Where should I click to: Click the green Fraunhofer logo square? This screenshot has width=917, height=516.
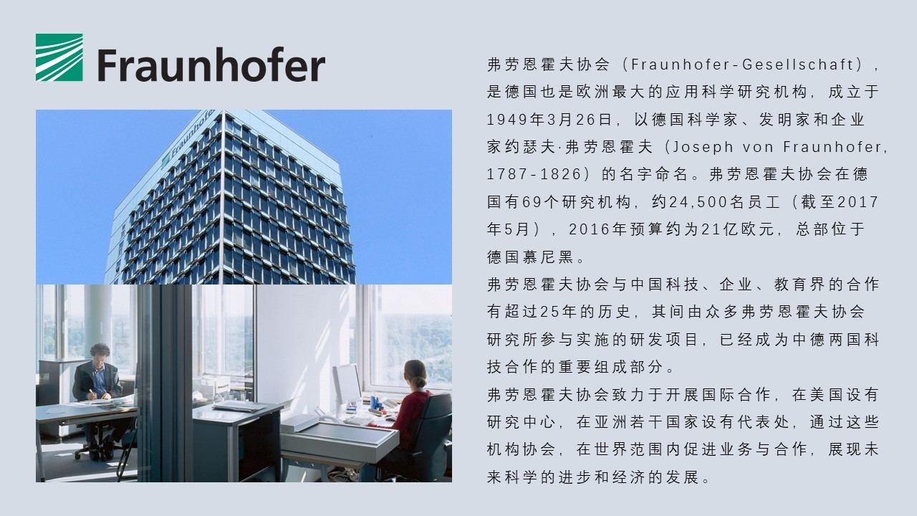[x=59, y=57]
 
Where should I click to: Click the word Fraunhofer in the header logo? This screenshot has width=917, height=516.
[x=211, y=64]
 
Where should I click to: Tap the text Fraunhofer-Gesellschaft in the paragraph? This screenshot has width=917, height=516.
[x=742, y=64]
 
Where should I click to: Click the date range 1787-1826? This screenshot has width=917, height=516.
[x=534, y=174]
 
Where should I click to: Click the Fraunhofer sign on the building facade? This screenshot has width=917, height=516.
[x=188, y=136]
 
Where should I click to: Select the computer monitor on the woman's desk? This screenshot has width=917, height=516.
[x=346, y=385]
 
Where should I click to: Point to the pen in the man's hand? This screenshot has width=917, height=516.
[x=92, y=392]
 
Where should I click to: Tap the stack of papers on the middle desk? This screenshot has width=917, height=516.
[x=239, y=406]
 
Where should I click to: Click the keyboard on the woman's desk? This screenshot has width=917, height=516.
[x=357, y=420]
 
